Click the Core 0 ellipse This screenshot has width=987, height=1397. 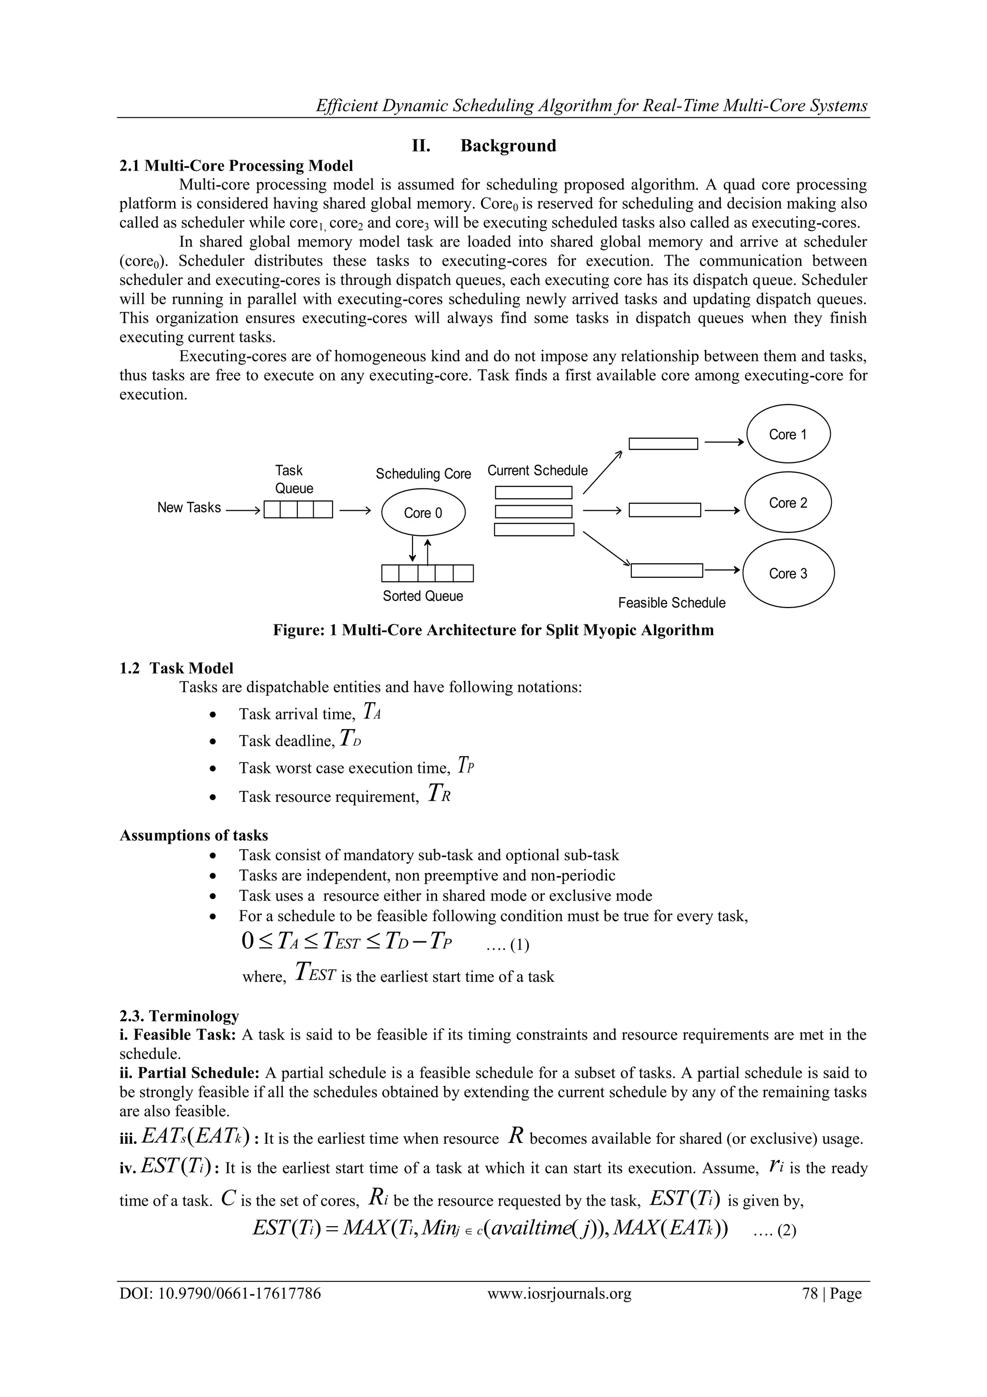coord(423,513)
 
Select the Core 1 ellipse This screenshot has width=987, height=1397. coord(788,434)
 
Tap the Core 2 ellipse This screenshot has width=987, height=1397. coord(788,502)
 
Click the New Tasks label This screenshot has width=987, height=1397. coord(188,507)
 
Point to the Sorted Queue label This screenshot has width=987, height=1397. coord(423,597)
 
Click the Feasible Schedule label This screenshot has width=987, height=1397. coord(671,603)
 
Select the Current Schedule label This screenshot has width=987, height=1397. coord(537,470)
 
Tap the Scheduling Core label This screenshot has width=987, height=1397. coord(423,474)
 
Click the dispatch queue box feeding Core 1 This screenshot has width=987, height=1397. coord(663,444)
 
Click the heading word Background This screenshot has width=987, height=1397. coord(508,146)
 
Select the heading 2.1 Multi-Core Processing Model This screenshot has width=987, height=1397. coord(236,165)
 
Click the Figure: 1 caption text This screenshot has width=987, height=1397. coord(493,630)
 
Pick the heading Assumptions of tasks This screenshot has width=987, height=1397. coord(193,835)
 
